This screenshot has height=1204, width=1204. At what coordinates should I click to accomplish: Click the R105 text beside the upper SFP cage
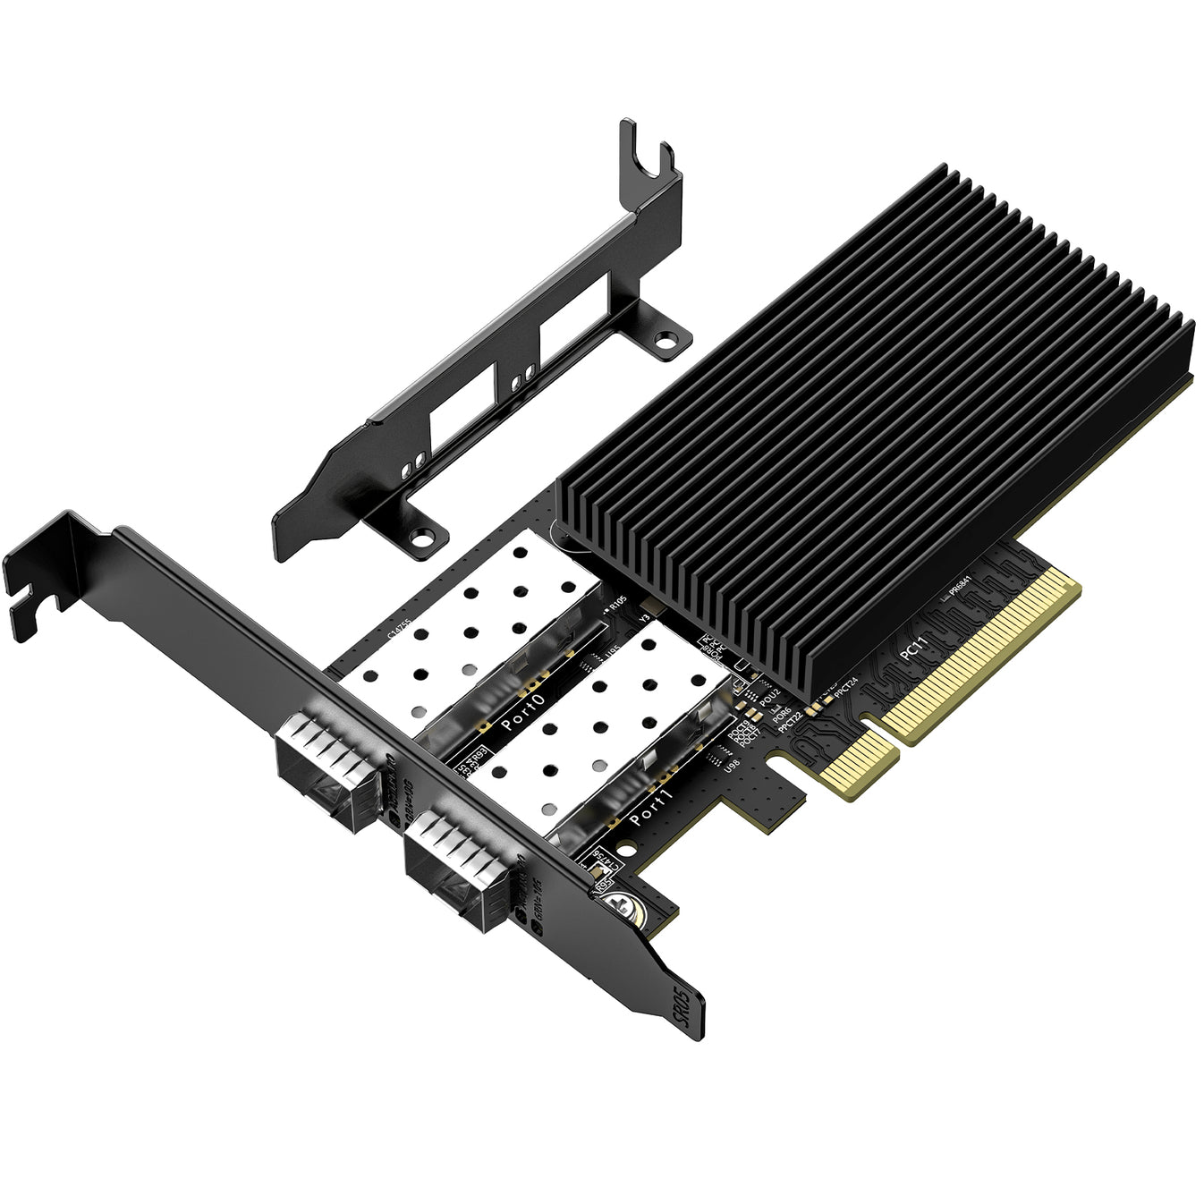coord(617,606)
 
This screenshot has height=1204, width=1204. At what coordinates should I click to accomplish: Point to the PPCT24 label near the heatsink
coord(845,689)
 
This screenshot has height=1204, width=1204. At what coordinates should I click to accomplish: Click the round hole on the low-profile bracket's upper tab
coord(665,340)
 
